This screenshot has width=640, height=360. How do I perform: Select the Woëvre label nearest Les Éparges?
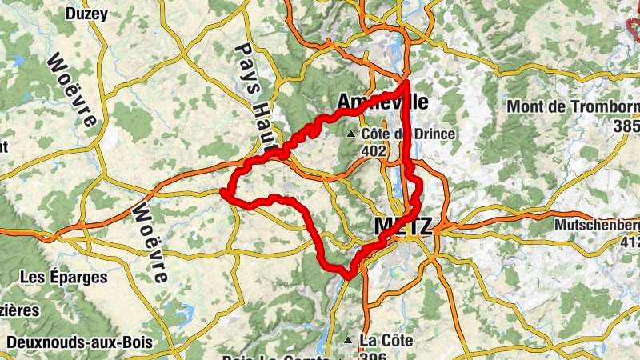tap(150, 240)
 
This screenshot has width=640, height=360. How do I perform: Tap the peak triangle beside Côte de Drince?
tap(350, 134)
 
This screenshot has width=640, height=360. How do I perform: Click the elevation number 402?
tap(374, 150)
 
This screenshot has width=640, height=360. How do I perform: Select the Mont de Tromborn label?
tap(573, 107)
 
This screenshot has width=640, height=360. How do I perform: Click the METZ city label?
tap(402, 226)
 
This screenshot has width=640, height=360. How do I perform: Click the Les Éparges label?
tap(64, 278)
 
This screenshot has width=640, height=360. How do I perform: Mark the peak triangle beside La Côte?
tap(348, 342)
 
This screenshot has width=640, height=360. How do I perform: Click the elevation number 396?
tap(374, 355)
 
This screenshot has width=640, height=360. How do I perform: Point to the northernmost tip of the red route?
tap(406, 82)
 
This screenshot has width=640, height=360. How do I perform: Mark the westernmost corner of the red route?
tap(222, 190)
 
